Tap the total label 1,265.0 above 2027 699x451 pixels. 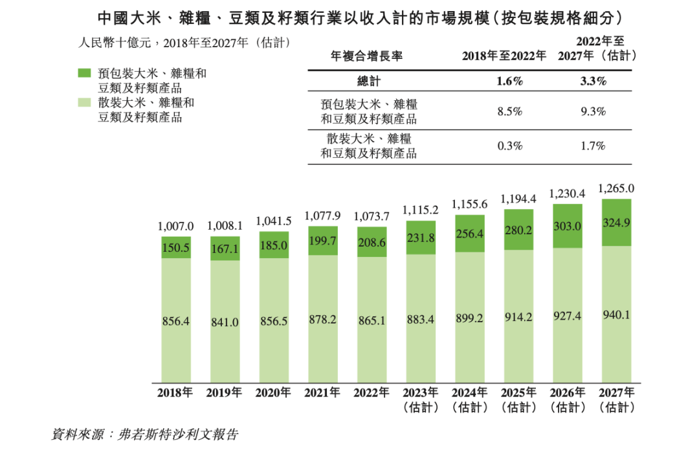click(x=616, y=189)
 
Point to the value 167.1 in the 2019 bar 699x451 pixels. click(x=225, y=249)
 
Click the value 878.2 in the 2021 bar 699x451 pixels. click(x=323, y=319)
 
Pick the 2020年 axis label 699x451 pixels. click(x=273, y=392)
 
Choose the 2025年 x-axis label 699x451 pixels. click(x=518, y=392)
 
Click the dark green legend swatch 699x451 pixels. click(x=84, y=73)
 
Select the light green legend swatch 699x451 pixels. click(x=84, y=103)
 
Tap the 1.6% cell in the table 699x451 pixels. click(x=510, y=82)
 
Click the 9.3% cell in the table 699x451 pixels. click(x=593, y=111)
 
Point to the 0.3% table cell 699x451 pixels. click(x=510, y=146)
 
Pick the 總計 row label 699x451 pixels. click(x=370, y=82)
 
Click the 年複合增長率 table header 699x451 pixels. click(x=367, y=56)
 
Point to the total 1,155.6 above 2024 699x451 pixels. click(x=470, y=204)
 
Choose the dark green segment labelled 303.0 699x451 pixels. click(x=568, y=225)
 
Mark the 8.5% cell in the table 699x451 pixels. click(x=510, y=111)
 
